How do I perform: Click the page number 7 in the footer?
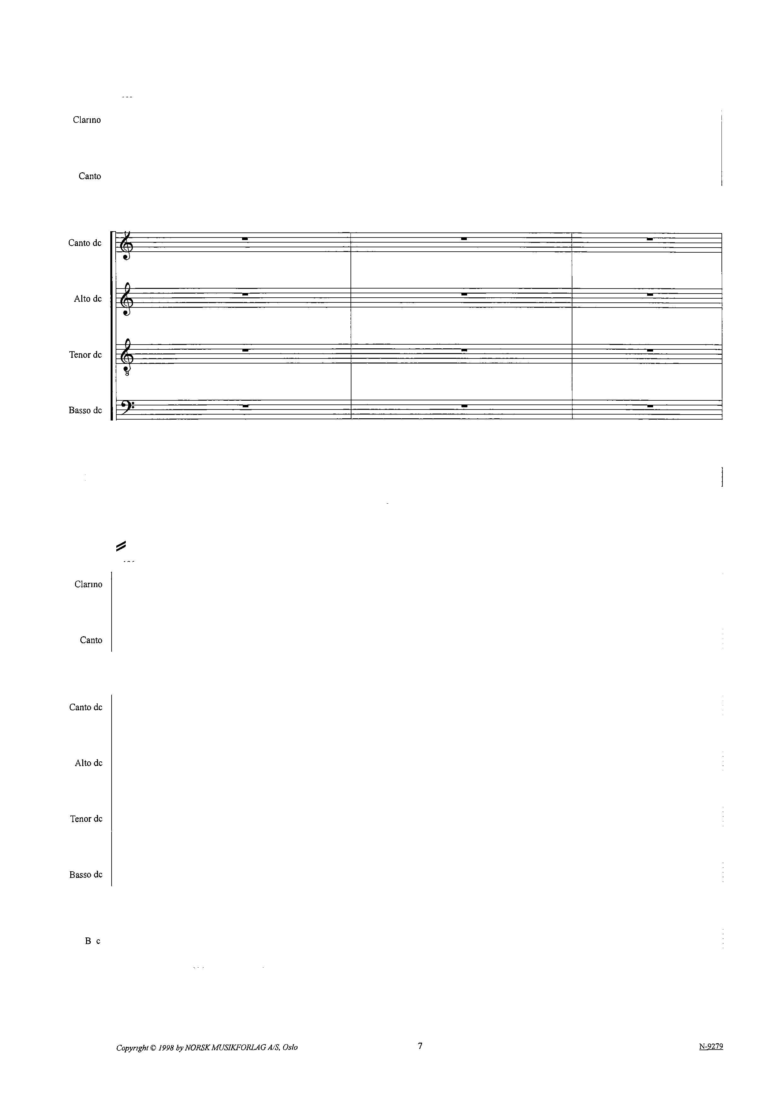(x=420, y=1045)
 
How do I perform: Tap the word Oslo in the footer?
(x=290, y=1047)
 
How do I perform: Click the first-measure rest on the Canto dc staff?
(x=245, y=239)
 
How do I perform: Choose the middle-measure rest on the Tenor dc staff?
(x=464, y=350)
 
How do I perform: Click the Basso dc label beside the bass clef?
(x=85, y=410)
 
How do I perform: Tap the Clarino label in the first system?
(x=87, y=120)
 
